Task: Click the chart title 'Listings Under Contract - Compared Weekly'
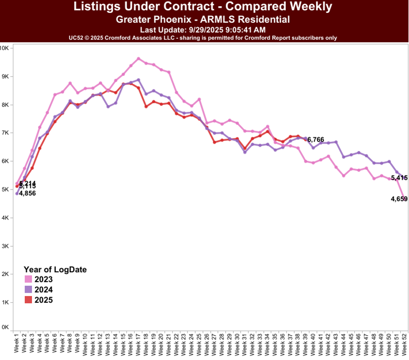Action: [202, 7]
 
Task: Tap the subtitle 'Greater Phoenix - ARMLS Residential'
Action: [202, 20]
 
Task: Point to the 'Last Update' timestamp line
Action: [202, 30]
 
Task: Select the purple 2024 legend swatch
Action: [29, 290]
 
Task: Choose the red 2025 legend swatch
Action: [29, 300]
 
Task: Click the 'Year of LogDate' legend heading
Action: [55, 270]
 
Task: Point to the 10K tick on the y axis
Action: [5, 48]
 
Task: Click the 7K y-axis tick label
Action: [5, 133]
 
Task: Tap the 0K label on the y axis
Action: [5, 327]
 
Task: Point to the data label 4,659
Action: [400, 199]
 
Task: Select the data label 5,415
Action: [400, 178]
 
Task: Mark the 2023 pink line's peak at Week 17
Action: [138, 58]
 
